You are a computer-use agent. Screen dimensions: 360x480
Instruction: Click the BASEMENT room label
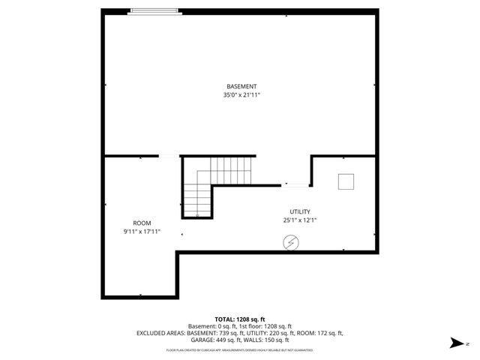(x=239, y=86)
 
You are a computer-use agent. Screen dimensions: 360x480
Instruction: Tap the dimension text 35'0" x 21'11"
(x=239, y=95)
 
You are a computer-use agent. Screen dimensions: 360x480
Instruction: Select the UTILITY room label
(x=300, y=211)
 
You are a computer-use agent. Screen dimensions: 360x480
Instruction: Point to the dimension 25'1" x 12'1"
(x=300, y=220)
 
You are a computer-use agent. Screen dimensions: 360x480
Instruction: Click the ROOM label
(x=142, y=223)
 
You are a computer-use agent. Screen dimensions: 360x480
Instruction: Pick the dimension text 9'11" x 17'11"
(x=142, y=232)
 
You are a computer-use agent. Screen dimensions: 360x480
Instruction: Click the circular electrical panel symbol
(x=289, y=242)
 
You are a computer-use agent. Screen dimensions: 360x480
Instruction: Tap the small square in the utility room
(x=346, y=182)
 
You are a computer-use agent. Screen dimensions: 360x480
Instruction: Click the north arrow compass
(x=455, y=343)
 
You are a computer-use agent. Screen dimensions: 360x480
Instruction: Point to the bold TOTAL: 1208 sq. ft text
(x=239, y=319)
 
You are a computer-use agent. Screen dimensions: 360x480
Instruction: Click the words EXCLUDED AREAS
(x=160, y=332)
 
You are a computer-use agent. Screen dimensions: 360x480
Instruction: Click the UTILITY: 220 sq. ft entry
(x=274, y=332)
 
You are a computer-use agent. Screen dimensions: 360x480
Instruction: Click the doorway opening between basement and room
(x=169, y=156)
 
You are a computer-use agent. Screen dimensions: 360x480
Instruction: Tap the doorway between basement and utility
(x=295, y=184)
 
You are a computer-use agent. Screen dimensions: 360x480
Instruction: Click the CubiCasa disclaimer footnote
(x=239, y=349)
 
